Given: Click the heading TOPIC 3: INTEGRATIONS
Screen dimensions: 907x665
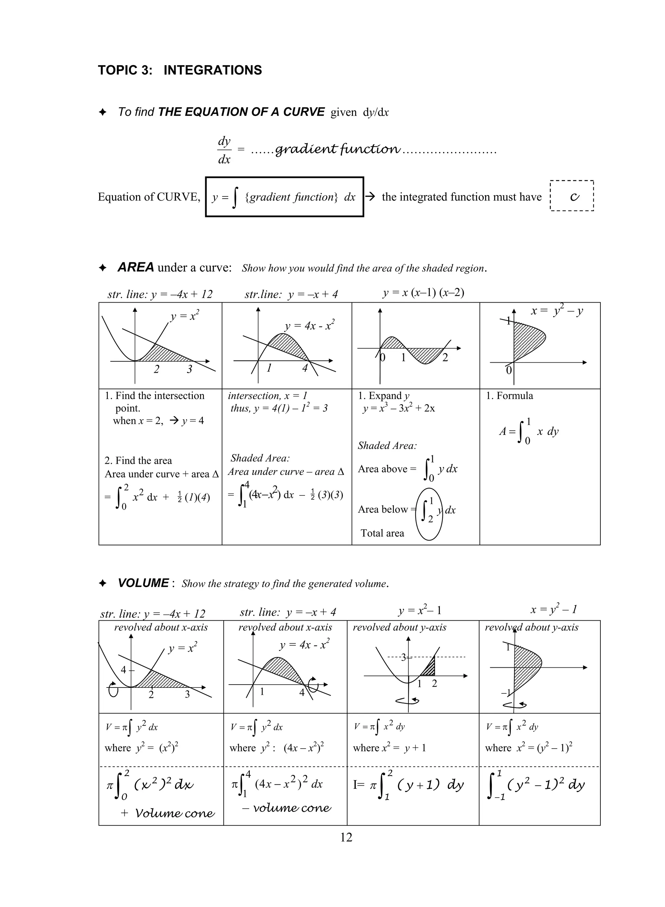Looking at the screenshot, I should [180, 70].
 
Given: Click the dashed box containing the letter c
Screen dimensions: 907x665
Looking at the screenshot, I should [571, 196].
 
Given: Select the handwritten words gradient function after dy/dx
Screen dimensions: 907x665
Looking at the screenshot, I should [337, 150].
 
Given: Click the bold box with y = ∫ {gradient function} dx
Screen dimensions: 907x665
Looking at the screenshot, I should [284, 197].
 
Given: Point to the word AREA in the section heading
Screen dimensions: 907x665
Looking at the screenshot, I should [136, 267].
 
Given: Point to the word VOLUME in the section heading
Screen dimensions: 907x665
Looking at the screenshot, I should [143, 583].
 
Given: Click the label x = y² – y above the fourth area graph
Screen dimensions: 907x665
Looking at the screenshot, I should [557, 311].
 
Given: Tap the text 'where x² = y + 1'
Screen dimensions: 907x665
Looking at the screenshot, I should [389, 748].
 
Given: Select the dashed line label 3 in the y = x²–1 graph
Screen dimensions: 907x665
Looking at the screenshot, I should [403, 657].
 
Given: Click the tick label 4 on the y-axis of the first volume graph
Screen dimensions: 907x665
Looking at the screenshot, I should [124, 670].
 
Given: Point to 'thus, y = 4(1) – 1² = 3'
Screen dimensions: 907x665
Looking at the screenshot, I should [279, 408].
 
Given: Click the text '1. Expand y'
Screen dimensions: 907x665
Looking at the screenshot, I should [383, 396].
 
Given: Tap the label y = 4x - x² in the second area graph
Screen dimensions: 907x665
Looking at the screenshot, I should [309, 326].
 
